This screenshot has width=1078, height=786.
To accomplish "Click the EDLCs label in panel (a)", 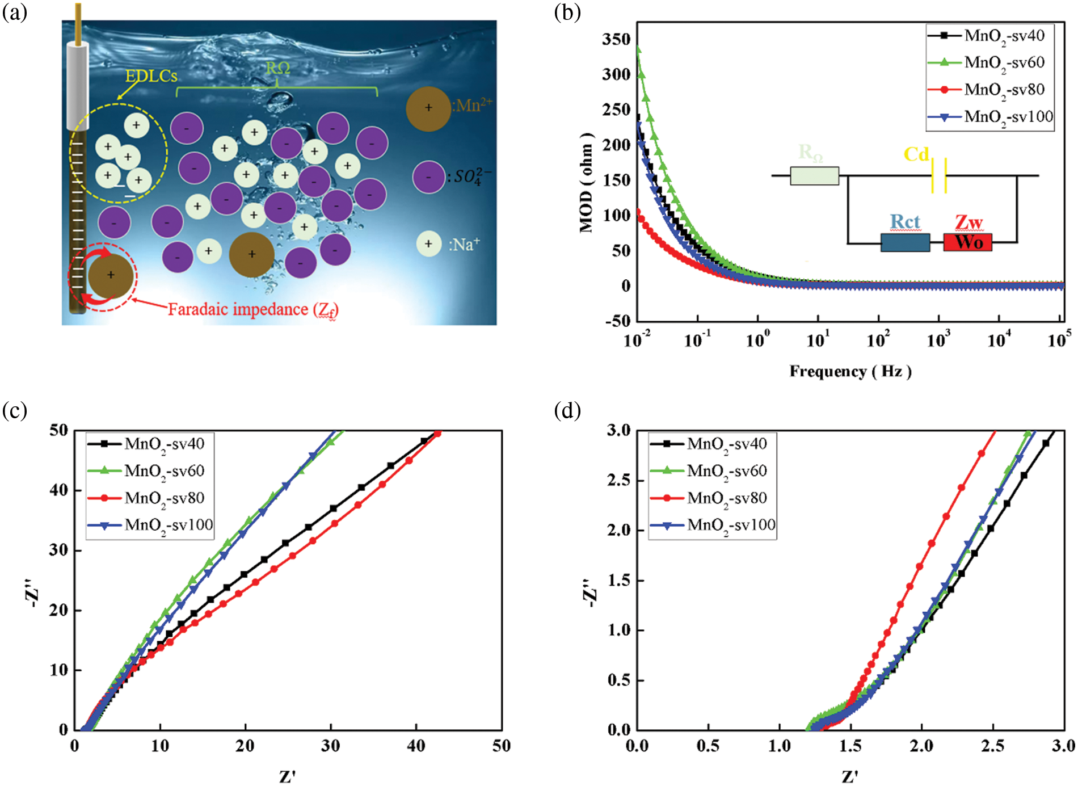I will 151,76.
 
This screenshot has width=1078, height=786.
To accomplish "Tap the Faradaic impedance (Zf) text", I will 253,309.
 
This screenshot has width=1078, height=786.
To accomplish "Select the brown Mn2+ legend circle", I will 428,108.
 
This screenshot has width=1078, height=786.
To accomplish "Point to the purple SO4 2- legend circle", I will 428,177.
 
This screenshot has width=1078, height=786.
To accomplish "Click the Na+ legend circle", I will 429,244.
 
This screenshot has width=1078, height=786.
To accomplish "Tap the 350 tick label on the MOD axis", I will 616,39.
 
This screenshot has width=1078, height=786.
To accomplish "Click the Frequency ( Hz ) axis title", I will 850,372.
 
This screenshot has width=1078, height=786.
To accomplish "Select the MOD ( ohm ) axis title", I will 587,183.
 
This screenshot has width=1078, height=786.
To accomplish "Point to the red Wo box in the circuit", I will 968,242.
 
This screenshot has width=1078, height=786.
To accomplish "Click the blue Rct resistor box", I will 905,242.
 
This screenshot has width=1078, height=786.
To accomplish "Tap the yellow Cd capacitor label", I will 916,154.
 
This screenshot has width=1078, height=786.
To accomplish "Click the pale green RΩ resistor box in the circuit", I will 814,176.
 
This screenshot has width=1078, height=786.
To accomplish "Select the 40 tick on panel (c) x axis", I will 416,746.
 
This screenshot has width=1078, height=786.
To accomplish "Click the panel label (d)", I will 567,410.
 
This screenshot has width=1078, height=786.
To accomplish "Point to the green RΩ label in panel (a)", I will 277,68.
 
